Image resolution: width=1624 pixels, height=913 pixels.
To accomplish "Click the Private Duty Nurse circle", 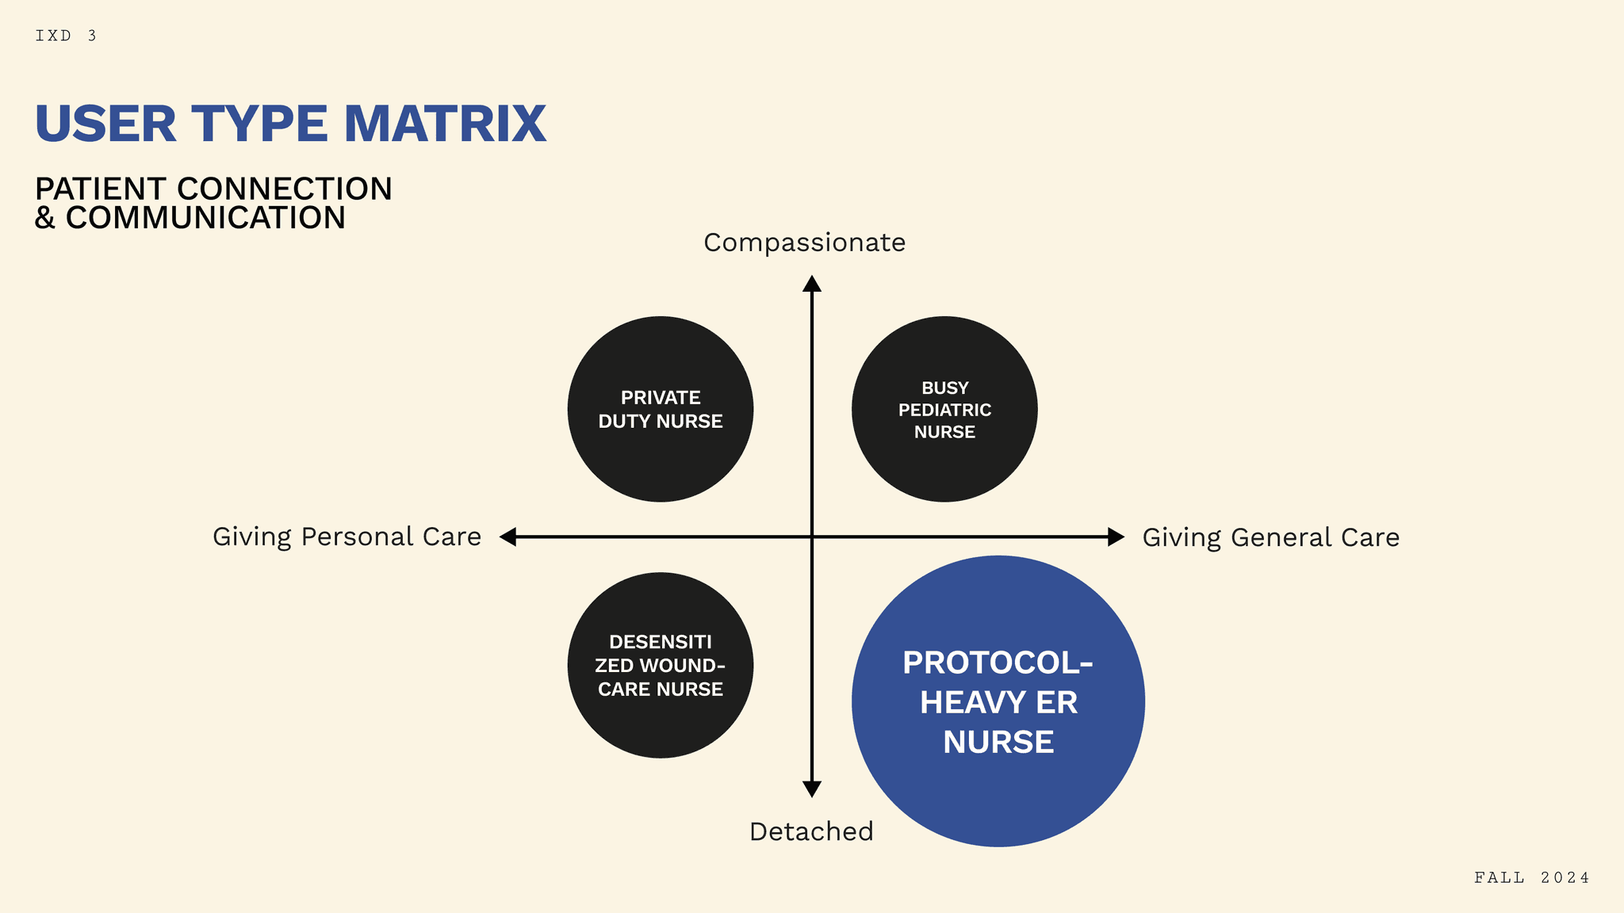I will pyautogui.click(x=661, y=409).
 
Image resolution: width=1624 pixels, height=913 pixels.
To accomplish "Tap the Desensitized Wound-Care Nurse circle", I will pyautogui.click(x=661, y=665).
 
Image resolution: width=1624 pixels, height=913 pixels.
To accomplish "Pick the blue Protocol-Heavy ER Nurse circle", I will pyautogui.click(x=998, y=701).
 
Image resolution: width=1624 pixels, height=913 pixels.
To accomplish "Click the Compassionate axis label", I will pyautogui.click(x=804, y=243).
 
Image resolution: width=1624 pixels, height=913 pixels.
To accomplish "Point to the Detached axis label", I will pyautogui.click(x=811, y=831).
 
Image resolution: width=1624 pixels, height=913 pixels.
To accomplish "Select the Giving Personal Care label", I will pyautogui.click(x=347, y=537).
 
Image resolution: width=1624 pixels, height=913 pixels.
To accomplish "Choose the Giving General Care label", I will pyautogui.click(x=1270, y=537).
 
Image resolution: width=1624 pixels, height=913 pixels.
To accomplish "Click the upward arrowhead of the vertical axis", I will pyautogui.click(x=811, y=284).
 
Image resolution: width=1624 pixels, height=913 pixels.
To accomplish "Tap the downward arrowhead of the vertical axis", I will pyautogui.click(x=811, y=789).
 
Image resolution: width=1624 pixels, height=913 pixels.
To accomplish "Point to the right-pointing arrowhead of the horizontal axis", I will pyautogui.click(x=1116, y=537).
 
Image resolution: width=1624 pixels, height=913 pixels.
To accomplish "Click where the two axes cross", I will pyautogui.click(x=812, y=537).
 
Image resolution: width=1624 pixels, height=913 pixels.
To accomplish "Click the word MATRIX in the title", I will pyautogui.click(x=445, y=124).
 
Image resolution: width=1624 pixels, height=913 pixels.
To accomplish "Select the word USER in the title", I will pyautogui.click(x=105, y=124).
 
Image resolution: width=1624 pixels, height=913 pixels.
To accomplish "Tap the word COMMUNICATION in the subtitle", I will pyautogui.click(x=205, y=218).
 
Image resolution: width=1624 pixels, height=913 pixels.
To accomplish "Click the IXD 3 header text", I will pyautogui.click(x=66, y=36).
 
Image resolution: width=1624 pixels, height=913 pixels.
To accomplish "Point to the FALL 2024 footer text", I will pyautogui.click(x=1532, y=877).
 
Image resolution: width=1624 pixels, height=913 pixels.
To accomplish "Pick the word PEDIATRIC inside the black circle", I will pyautogui.click(x=944, y=410).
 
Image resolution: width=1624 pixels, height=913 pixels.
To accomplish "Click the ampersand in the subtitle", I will pyautogui.click(x=44, y=218).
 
